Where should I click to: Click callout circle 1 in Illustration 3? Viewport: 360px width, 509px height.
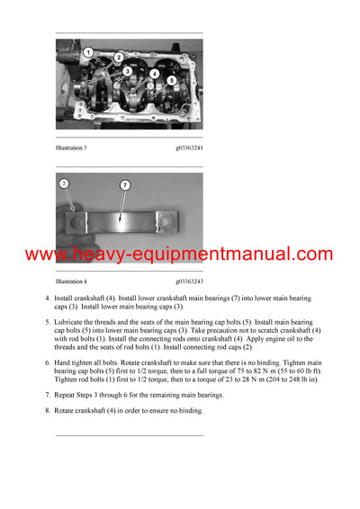[x=88, y=52]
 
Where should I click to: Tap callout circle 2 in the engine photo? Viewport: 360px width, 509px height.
[x=119, y=58]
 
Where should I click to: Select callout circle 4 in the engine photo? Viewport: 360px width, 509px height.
[x=155, y=74]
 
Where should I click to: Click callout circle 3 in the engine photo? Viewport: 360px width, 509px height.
[x=128, y=71]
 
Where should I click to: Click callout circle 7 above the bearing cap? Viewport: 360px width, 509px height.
[x=125, y=184]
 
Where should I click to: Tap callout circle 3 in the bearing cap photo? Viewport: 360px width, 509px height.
[x=63, y=183]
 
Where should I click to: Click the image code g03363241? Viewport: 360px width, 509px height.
[x=189, y=147]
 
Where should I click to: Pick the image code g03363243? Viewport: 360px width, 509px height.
[x=189, y=281]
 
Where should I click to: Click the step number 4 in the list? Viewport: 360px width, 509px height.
[x=47, y=298]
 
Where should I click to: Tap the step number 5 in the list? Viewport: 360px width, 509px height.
[x=47, y=322]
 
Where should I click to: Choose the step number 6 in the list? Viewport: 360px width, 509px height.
[x=47, y=362]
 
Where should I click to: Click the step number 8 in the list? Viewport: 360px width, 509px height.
[x=47, y=411]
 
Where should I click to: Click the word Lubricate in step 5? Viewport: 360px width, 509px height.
[x=71, y=322]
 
